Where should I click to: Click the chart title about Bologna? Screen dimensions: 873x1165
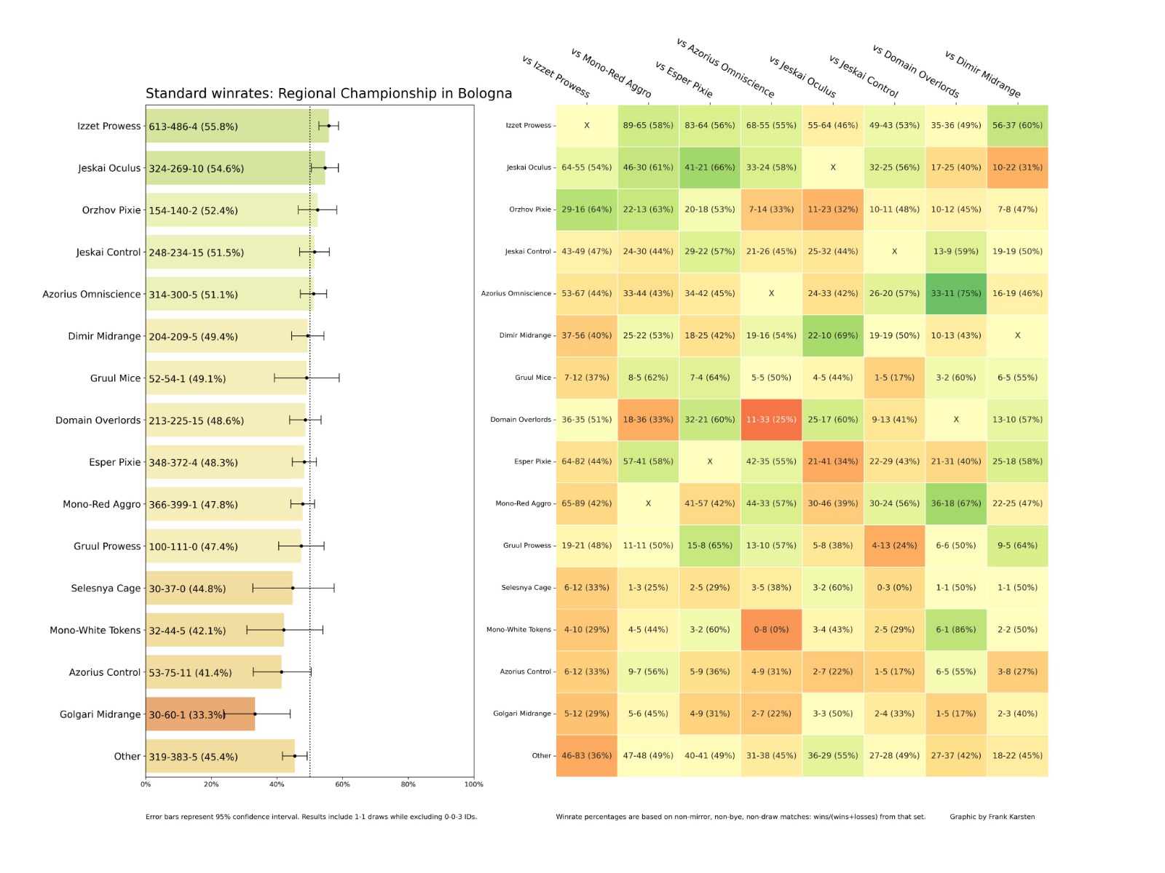pos(328,93)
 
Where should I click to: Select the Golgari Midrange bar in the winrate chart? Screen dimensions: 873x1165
pos(200,714)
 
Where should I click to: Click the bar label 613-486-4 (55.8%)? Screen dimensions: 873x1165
pos(193,127)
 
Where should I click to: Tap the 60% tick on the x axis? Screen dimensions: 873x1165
pos(342,784)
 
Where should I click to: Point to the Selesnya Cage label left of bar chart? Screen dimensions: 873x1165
pos(106,589)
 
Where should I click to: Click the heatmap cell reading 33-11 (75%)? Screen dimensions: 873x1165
pos(956,294)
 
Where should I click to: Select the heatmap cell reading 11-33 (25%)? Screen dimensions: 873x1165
pos(771,420)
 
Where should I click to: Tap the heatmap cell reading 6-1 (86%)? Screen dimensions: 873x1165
pos(956,630)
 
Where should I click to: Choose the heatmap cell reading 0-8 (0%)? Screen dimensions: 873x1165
pos(771,630)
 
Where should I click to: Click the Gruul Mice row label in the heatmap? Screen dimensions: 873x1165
pos(533,378)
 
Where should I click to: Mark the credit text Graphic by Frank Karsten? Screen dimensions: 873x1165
pos(992,817)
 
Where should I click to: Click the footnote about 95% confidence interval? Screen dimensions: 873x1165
pos(311,817)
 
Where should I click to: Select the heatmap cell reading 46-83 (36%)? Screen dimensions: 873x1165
pos(586,756)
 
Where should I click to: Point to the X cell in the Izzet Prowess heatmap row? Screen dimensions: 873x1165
pos(586,126)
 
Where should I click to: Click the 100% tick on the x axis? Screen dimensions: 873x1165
pos(474,784)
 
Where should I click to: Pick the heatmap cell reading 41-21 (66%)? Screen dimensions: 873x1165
pos(709,168)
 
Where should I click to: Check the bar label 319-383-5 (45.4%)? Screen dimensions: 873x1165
pos(193,757)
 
